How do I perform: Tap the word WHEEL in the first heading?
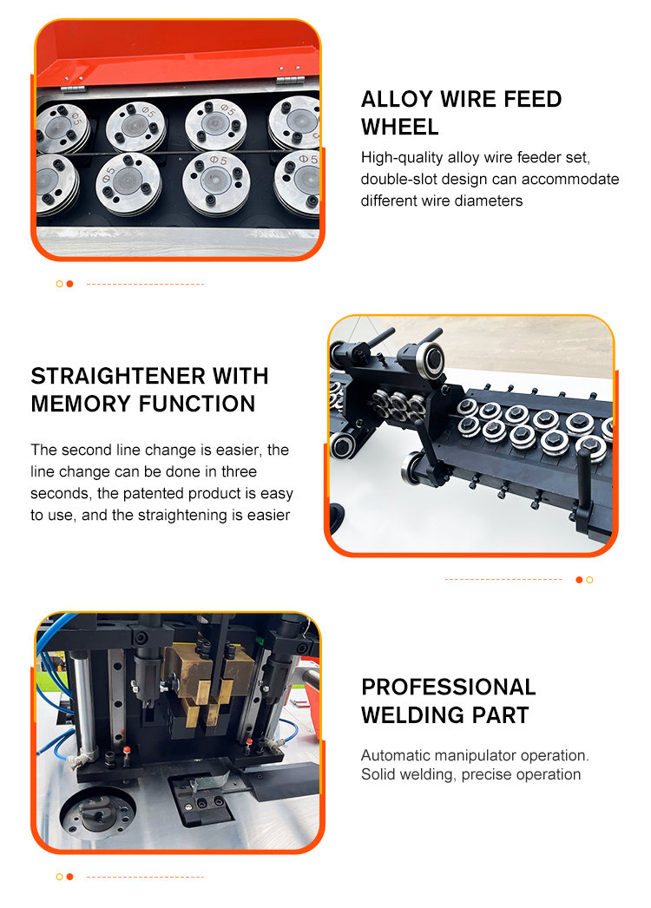(x=399, y=128)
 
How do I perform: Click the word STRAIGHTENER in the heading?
(x=118, y=377)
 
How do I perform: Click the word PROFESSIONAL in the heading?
(x=449, y=688)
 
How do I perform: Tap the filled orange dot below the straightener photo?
(x=579, y=580)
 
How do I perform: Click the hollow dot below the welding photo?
(x=59, y=877)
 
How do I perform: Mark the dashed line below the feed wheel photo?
(x=145, y=285)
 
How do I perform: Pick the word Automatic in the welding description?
(x=396, y=756)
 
